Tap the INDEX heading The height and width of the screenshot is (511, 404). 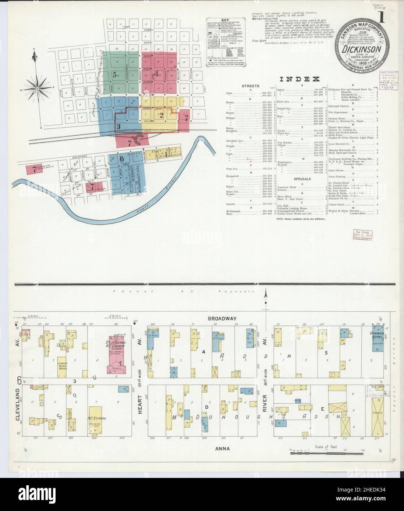tap(299, 79)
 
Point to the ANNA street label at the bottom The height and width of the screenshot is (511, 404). tap(224, 448)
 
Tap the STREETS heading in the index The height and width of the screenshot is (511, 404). tap(250, 86)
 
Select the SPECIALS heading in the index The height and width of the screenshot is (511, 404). tap(302, 179)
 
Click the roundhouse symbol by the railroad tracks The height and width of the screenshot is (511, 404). tap(139, 139)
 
